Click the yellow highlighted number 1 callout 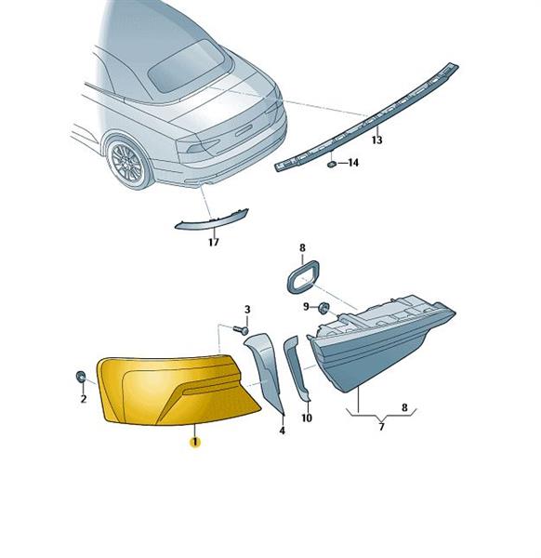click(195, 443)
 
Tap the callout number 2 click(84, 399)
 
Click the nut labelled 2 click(81, 377)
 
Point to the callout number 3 click(247, 310)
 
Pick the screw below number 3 click(241, 330)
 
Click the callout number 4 click(282, 431)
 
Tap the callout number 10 click(307, 418)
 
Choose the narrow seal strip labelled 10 click(296, 368)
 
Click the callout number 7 click(381, 426)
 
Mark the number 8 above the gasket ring click(302, 247)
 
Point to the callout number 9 click(306, 306)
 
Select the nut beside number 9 click(323, 308)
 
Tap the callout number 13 click(377, 139)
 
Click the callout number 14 click(353, 163)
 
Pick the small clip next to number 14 click(332, 165)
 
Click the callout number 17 click(214, 243)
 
